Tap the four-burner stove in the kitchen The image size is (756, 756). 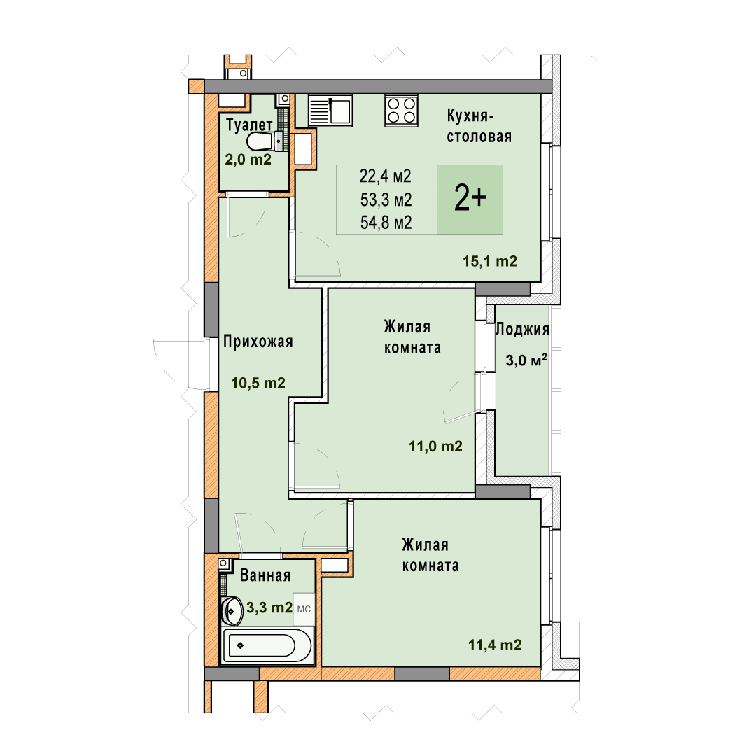pos(401,111)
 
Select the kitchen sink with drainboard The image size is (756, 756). pos(330,111)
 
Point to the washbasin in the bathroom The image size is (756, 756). pos(232,610)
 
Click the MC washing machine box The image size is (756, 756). pos(304,610)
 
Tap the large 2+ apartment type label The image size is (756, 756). pos(470,198)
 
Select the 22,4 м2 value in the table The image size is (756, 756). pos(385,176)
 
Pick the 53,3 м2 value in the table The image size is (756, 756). pos(386,199)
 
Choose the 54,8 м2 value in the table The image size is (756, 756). pos(386,223)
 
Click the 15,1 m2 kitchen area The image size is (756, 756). pos(490,261)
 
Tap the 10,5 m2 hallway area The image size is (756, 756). pos(258,384)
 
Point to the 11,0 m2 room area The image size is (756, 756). pos(435,447)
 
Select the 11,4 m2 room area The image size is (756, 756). pos(495,645)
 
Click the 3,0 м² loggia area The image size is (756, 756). pos(526,360)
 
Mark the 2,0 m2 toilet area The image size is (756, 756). pos(248,159)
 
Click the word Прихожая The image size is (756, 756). pos(258,342)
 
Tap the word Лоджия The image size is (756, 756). pos(523,329)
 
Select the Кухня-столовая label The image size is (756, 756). pos(479,126)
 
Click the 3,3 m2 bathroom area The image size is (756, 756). pos(269,608)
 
